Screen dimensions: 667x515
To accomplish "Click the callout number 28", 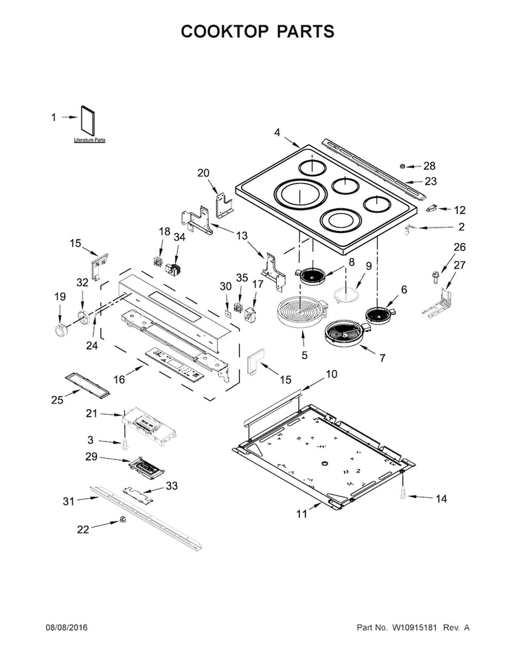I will (429, 166).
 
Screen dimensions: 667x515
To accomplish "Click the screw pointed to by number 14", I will (403, 493).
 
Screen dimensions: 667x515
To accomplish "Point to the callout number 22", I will (83, 529).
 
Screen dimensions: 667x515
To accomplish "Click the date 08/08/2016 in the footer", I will (67, 628).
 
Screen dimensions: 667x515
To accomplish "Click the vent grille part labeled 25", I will (87, 384).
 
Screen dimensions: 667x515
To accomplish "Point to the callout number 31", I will (68, 501).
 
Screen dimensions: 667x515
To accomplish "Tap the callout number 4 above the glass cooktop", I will (277, 132).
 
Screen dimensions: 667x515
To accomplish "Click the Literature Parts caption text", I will (90, 140).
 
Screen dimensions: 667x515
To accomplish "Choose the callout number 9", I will (368, 266).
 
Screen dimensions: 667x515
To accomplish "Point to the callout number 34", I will (179, 237).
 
